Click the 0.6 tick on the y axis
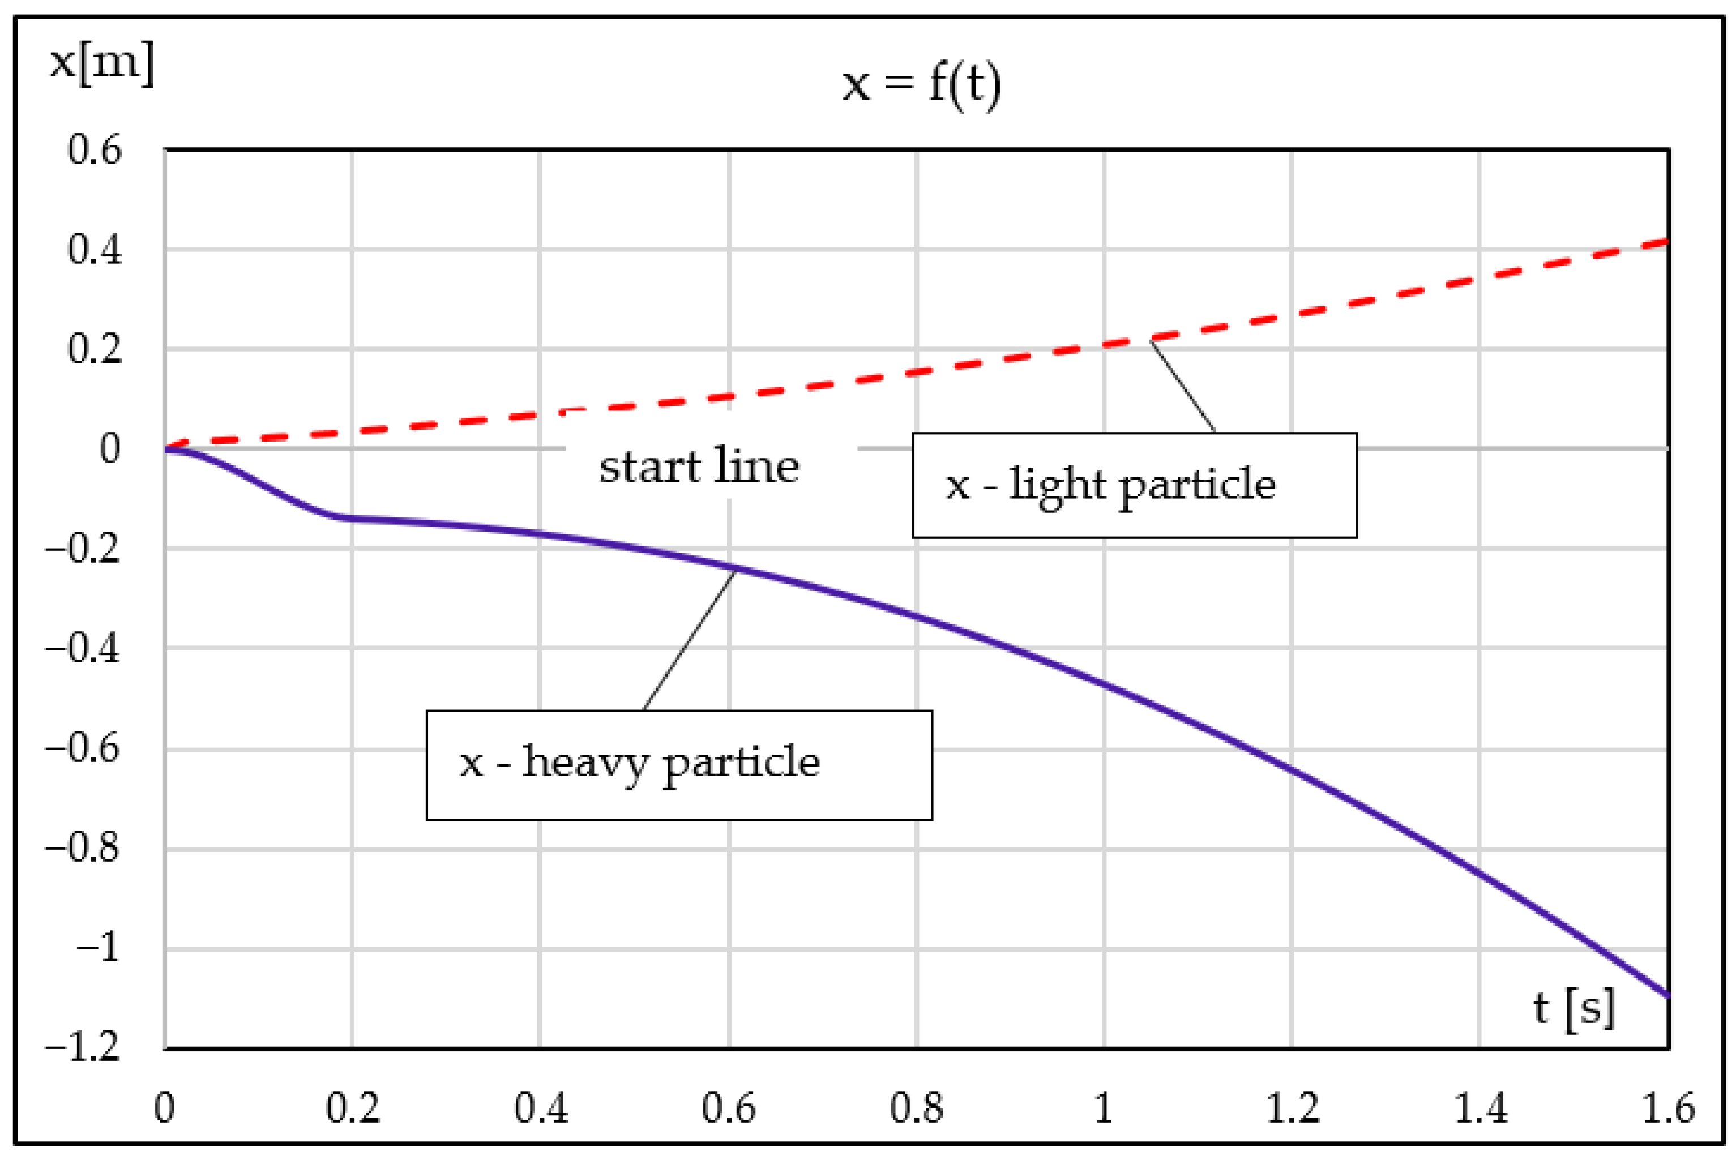coord(95,150)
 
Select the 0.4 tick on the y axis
coord(95,250)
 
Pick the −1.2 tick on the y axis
coord(83,1047)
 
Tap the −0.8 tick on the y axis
coord(83,848)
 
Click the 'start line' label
coord(699,468)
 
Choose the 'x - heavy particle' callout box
coord(679,765)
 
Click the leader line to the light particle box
coord(1182,385)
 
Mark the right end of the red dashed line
coord(1666,241)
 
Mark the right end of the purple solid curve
coord(1667,996)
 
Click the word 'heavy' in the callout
coord(584,763)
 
